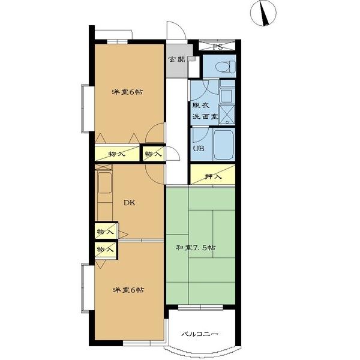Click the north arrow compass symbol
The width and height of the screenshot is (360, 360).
pos(263,13)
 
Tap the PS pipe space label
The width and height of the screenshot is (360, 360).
pos(217,47)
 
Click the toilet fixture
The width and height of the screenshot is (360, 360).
pos(226,67)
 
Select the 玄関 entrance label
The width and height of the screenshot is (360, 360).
pos(177,59)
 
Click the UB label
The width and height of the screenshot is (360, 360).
pos(199,148)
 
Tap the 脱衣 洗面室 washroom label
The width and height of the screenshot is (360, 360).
pos(205,111)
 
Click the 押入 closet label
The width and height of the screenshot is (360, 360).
pos(213,176)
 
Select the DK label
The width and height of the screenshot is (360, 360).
pos(129,203)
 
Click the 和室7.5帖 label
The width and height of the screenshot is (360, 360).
pos(196,248)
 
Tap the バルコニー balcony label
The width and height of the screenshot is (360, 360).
pos(199,334)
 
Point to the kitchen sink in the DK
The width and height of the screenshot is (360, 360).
pos(105,183)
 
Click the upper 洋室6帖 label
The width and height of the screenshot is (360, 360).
pos(127,92)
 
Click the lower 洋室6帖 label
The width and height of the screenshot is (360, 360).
pos(128,290)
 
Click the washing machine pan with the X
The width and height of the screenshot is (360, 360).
pos(227,115)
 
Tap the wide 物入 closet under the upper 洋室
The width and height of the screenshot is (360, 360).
pos(117,154)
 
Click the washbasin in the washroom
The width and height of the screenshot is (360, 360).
pos(226,96)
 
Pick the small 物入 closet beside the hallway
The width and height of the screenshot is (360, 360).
pos(153,154)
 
